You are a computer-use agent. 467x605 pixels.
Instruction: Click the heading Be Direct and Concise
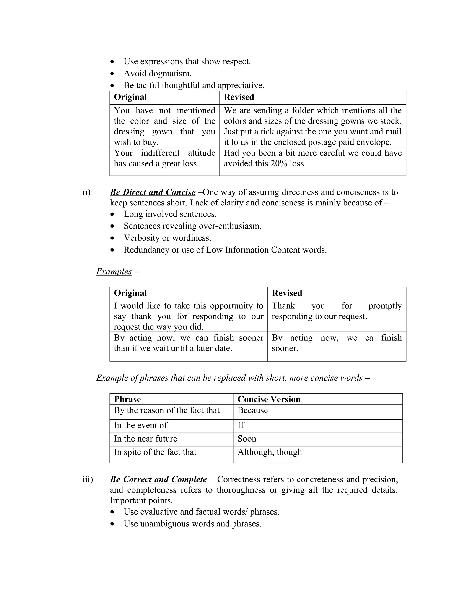(153, 192)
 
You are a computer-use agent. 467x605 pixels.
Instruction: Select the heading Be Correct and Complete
(158, 479)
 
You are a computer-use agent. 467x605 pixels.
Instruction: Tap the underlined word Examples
(114, 271)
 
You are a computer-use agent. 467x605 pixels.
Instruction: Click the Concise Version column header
(269, 399)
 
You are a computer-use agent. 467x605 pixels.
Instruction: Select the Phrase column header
(127, 399)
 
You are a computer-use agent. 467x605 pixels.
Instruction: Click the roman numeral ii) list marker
(86, 192)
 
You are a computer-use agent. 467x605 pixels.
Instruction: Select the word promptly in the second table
(385, 306)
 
